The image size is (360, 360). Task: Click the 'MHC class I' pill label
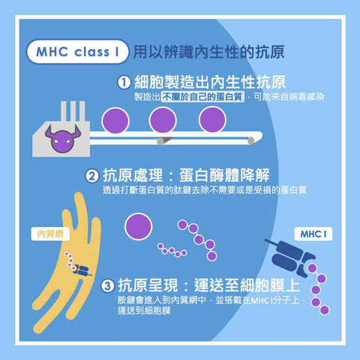pos(77,51)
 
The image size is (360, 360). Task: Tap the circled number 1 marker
pos(124,82)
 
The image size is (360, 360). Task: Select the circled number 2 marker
pos(92,176)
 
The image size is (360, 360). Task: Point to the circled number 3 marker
pos(107,286)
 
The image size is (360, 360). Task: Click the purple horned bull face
pos(62,139)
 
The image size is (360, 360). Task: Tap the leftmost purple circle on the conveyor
pos(115,120)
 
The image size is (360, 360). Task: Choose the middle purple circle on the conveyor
pos(163,120)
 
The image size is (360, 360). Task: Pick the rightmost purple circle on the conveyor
pos(213,120)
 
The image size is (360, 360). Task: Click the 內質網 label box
pos(50,234)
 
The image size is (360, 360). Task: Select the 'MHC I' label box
pos(313,234)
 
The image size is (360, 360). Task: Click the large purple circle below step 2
pos(139,227)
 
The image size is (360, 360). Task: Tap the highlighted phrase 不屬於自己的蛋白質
pos(202,97)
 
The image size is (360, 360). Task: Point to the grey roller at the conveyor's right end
pos(251,141)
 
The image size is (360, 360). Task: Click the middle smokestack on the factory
pos(73,111)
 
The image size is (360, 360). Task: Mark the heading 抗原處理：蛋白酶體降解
pos(186,176)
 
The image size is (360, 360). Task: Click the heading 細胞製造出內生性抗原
pos(210,82)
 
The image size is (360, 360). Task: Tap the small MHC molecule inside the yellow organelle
pos(82,270)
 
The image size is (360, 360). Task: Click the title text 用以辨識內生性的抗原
pos(209,52)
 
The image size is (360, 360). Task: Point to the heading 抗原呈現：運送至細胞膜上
pos(209,286)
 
